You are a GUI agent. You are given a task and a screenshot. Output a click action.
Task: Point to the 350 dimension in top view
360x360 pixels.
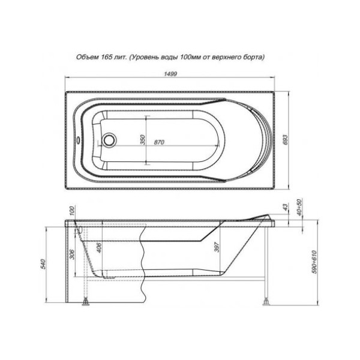[x=142, y=139]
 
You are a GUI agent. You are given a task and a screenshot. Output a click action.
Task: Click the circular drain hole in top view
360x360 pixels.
[x=110, y=141]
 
